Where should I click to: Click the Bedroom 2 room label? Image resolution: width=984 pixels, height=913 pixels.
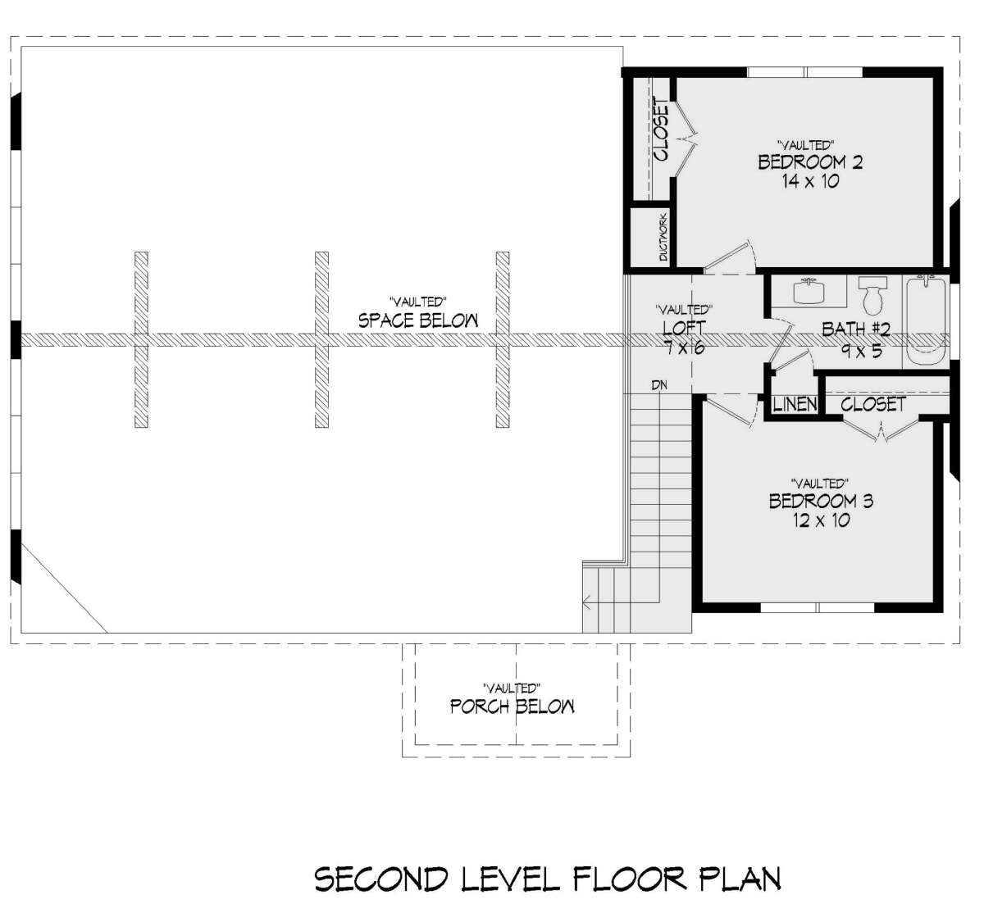coord(810,162)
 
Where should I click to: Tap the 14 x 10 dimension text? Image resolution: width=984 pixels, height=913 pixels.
coord(811,181)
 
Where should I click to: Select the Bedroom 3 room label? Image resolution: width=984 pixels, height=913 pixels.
coord(821,501)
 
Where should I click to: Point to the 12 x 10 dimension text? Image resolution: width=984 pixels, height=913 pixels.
coord(822,520)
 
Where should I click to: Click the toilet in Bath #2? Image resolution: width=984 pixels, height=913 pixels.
coord(873,295)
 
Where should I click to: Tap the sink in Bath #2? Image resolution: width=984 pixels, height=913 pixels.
coord(810,291)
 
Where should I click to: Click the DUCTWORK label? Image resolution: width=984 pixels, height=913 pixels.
coord(663,238)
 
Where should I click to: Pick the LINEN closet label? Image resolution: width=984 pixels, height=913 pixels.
coord(795,405)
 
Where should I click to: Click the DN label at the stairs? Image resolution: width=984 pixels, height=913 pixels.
coord(659,384)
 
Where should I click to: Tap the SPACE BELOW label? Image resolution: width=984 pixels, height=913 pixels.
coord(418,320)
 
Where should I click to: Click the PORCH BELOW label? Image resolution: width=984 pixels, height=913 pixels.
coord(512,706)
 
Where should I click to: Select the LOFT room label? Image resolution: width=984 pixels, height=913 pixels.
coord(684,328)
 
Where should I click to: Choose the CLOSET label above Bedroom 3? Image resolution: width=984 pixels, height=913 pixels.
coord(873,405)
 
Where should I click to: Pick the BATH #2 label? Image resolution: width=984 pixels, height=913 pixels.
coord(856,329)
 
